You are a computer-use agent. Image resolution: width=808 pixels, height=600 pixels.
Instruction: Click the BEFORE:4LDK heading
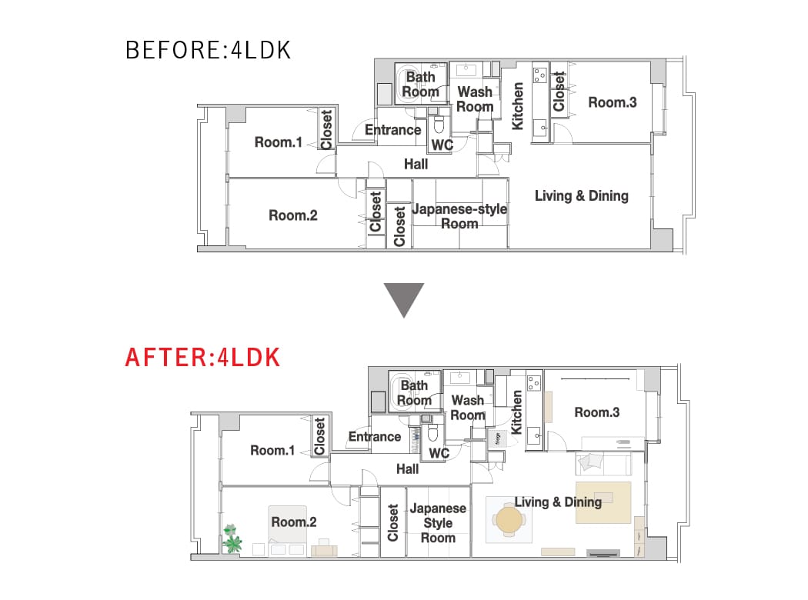pos(209,50)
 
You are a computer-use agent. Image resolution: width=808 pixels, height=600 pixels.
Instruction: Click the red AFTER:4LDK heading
pos(202,358)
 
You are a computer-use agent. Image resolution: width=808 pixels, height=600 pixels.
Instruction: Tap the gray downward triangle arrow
pos(403,299)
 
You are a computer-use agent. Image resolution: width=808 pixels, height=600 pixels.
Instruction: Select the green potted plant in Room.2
pos(232,538)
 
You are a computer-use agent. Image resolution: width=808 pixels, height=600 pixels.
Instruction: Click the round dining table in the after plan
pos(509,520)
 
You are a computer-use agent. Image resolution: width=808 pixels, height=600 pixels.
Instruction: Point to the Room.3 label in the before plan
pos(613,102)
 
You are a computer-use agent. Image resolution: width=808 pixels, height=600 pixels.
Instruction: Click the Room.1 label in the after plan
pos(272,450)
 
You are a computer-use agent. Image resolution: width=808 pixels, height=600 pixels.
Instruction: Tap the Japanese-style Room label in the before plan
pos(459,216)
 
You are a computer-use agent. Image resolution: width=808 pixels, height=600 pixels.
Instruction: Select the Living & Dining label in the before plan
pos(581,195)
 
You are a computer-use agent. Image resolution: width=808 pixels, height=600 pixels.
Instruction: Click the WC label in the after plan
pos(439,453)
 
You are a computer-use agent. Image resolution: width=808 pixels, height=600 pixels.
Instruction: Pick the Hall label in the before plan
pos(416,165)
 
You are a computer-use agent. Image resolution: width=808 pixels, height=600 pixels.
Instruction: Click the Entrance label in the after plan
pos(375,437)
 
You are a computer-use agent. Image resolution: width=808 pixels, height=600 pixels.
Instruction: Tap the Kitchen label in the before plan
pos(517,106)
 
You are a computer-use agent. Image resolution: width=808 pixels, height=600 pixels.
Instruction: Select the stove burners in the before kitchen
pos(539,75)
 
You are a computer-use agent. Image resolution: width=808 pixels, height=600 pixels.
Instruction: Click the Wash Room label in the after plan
pos(468,408)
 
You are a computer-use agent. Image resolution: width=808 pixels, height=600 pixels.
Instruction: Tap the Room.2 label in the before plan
pos(292,215)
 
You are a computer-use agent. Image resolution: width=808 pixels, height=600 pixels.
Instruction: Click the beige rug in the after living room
pos(603,502)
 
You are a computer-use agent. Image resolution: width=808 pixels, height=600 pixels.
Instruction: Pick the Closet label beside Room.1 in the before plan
pos(326,129)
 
